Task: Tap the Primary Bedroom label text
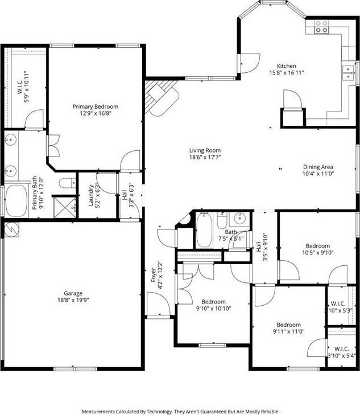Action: point(95,106)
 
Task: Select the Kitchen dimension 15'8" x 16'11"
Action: point(286,73)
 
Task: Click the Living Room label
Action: point(205,151)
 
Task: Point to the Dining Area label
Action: point(318,167)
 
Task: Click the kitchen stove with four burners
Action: point(321,26)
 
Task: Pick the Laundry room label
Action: point(90,195)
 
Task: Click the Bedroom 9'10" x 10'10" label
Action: point(213,302)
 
